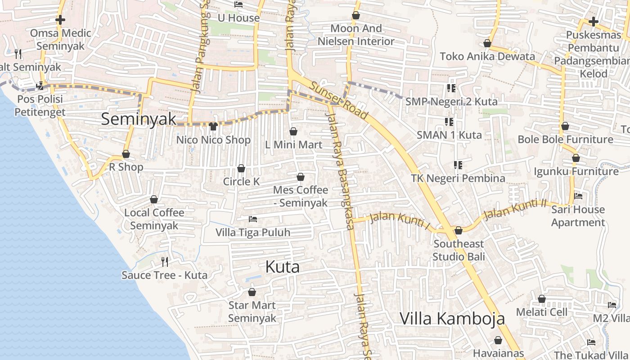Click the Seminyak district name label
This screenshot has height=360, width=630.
[139, 119]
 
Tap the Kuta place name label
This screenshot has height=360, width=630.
[282, 267]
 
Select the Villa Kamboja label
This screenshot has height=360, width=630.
[452, 319]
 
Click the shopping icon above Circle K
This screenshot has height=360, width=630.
[241, 168]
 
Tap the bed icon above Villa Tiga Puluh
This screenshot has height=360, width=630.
[253, 219]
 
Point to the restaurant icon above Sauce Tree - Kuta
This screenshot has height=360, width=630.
[165, 261]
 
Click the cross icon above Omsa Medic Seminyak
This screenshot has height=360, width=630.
[60, 20]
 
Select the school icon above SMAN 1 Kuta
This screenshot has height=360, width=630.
[449, 121]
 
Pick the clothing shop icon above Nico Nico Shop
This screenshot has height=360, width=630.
[213, 126]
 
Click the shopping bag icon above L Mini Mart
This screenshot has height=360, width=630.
[293, 131]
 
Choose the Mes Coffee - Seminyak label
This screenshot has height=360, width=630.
[301, 197]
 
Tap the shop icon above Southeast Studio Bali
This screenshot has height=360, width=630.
[459, 230]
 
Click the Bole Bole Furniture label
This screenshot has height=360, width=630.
[565, 139]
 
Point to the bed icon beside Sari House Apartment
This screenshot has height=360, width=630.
[578, 196]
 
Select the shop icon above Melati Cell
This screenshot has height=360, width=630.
[542, 299]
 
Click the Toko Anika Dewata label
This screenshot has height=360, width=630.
[487, 56]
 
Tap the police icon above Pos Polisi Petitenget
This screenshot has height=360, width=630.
[40, 85]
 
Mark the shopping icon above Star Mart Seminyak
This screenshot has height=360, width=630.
[252, 292]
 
